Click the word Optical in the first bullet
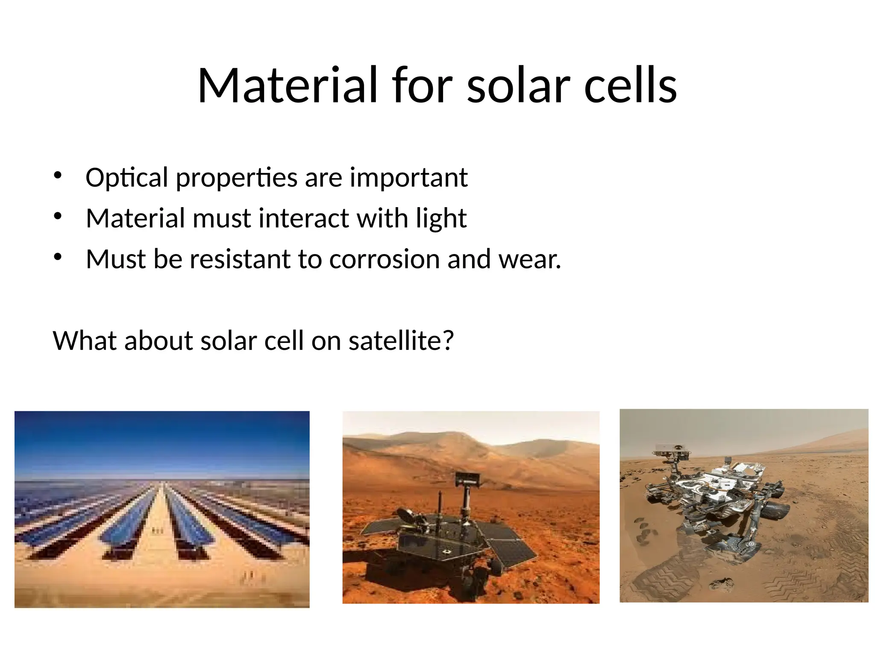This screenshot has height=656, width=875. click(127, 178)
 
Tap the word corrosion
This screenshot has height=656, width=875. click(384, 259)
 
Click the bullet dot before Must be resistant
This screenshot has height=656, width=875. click(58, 257)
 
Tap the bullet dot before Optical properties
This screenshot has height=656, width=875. click(58, 175)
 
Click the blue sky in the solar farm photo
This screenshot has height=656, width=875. click(162, 440)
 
